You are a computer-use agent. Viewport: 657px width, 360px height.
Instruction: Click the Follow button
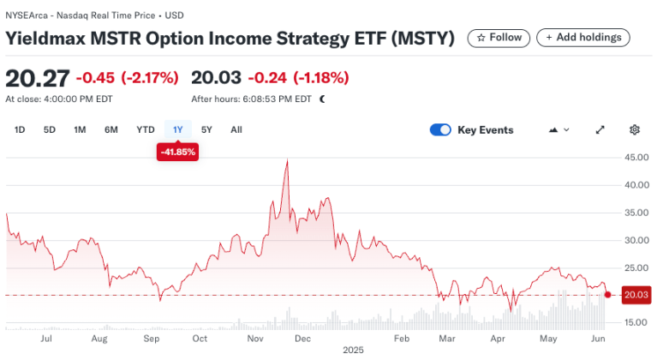(498, 38)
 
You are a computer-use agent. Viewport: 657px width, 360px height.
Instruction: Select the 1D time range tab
(21, 130)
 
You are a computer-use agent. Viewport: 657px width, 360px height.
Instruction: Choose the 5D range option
(50, 130)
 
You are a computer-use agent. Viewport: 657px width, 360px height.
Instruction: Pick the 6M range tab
(111, 130)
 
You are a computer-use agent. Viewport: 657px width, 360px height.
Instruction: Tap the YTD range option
(146, 130)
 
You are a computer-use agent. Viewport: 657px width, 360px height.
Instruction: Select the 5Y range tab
(206, 130)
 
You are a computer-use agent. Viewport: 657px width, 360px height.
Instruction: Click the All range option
(236, 130)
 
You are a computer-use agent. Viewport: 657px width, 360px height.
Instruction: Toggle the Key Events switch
(440, 130)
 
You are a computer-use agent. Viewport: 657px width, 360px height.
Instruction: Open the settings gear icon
(635, 130)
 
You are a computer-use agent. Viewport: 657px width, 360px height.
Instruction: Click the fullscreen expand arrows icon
(600, 130)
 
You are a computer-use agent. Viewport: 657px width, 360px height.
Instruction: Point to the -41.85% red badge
(178, 152)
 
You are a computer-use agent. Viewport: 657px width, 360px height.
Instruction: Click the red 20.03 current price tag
(636, 295)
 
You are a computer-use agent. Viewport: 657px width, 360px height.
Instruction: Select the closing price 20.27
(37, 78)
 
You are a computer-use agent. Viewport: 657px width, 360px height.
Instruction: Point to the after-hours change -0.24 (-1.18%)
(296, 78)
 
